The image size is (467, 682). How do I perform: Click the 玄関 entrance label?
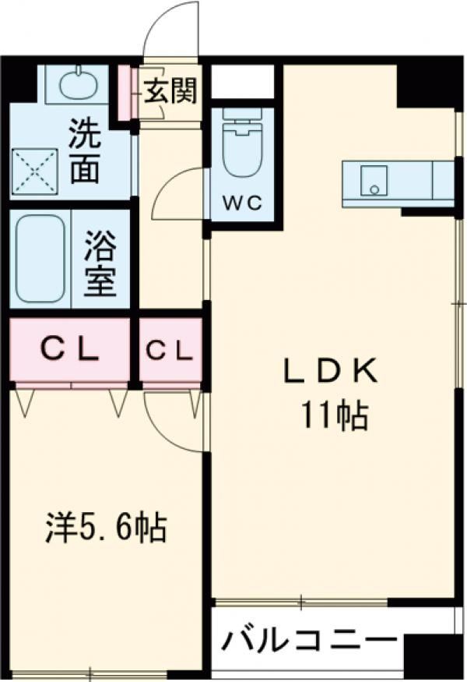point(170,91)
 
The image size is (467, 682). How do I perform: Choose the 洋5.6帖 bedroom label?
point(106,528)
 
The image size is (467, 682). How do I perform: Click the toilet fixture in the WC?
point(242,142)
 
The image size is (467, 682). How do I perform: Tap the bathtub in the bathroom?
point(40,258)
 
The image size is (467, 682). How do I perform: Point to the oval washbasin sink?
point(77,82)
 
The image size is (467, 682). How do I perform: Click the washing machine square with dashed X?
point(35,171)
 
